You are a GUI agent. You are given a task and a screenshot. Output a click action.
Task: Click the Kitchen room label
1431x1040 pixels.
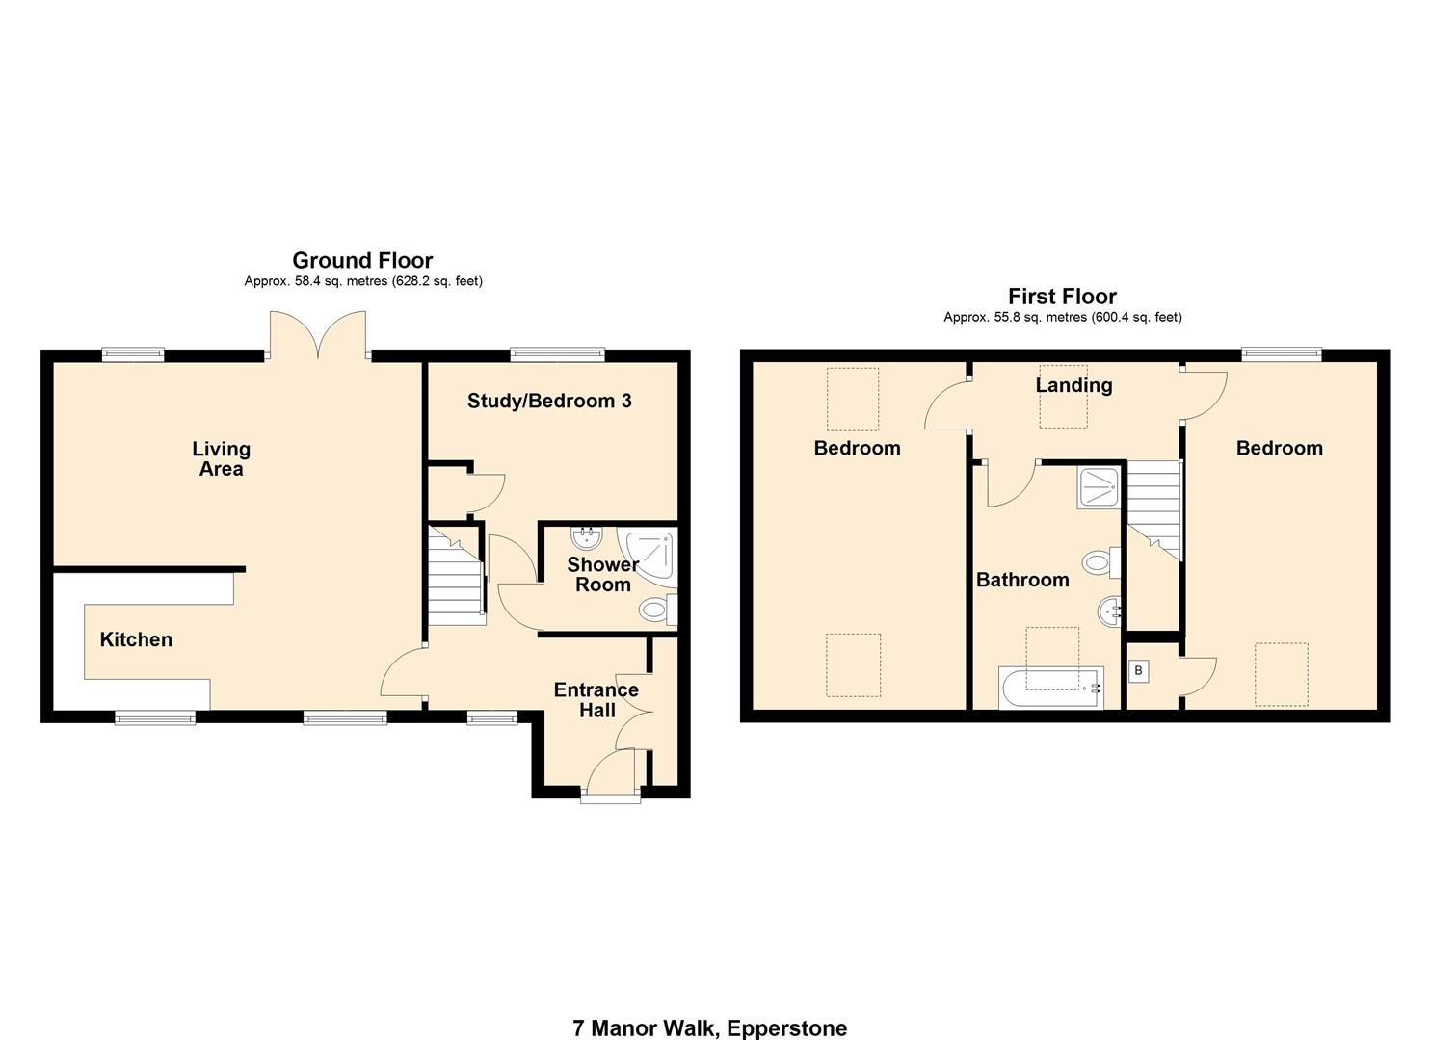136,639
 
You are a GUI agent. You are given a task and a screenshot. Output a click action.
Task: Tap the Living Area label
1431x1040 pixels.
221,458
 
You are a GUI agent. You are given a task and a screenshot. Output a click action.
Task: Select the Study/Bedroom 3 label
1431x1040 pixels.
549,401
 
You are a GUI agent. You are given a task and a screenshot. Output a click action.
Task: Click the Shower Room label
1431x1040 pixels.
602,574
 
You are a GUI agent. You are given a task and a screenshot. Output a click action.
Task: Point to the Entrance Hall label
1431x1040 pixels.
596,700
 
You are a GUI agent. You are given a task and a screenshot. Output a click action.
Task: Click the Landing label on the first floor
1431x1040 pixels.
1073,385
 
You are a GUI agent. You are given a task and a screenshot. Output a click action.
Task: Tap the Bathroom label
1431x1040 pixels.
1022,580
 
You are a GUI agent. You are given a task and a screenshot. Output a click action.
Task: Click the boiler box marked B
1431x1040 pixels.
1138,670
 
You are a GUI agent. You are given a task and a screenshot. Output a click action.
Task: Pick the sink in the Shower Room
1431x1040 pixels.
585,536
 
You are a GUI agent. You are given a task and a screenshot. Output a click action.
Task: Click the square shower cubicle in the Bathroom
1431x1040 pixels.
1099,487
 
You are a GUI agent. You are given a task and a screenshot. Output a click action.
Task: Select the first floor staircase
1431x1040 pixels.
1153,508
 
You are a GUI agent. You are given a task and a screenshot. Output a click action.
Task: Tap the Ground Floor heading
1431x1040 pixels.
362,260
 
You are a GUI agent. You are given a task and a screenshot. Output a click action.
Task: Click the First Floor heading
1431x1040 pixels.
1062,297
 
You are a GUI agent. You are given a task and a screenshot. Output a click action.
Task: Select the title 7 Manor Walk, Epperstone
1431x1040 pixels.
710,1027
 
